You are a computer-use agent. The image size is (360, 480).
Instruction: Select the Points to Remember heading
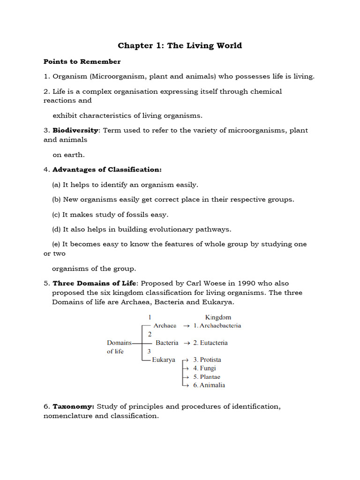82,61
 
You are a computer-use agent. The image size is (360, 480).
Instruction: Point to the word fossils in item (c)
133,214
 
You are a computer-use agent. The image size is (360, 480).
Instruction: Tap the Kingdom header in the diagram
218,317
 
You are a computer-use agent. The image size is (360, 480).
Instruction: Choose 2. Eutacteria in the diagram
210,343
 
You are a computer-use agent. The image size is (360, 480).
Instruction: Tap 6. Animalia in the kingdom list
209,385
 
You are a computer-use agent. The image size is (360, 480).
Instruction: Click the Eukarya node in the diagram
164,360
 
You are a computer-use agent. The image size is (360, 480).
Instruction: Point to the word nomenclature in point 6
68,416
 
